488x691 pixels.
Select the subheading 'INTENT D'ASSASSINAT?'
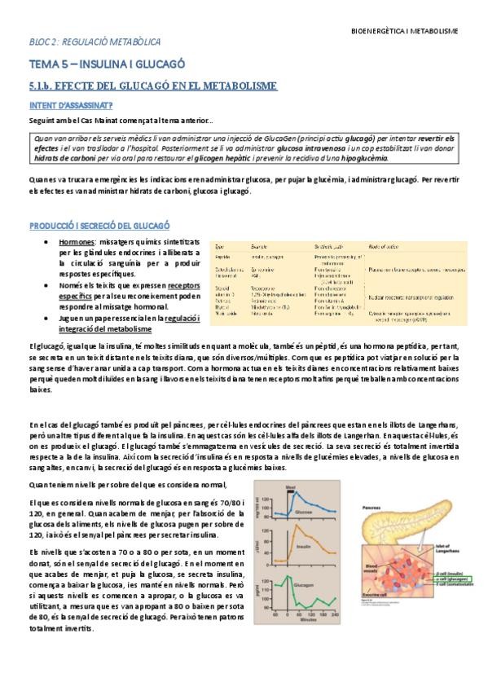pos(71,105)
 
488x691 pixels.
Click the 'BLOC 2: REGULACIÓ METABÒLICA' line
pos(95,41)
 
